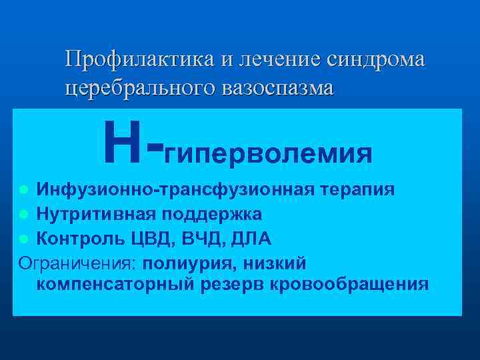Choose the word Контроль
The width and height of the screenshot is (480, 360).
(78, 237)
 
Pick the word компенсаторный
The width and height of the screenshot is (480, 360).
(114, 285)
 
